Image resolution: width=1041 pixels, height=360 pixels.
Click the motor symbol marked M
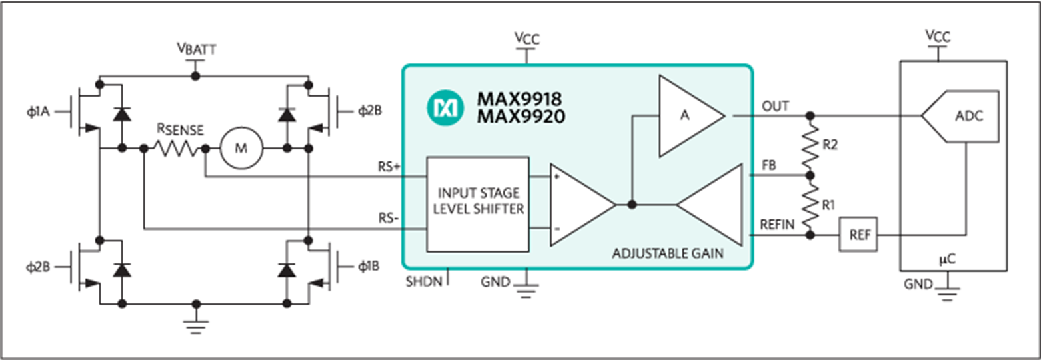241,149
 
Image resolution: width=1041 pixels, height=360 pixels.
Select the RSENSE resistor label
180,129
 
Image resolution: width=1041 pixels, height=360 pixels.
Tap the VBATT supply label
196,49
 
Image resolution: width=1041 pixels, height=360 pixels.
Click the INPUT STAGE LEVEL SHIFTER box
478,204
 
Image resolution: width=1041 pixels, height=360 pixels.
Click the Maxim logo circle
445,108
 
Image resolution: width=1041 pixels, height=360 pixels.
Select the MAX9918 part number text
520,99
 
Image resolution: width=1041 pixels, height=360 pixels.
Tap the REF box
858,235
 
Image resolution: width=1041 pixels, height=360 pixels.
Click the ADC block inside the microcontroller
960,116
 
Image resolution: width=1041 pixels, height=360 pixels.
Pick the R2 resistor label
830,145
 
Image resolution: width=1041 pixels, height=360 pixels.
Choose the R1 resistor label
828,205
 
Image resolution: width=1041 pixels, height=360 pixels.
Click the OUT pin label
775,106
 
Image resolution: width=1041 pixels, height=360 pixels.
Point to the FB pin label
769,165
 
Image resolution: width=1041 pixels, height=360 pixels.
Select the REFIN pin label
777,225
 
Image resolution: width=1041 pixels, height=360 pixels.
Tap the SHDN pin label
424,282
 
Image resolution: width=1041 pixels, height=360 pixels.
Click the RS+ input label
389,167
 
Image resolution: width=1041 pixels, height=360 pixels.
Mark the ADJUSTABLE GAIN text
668,253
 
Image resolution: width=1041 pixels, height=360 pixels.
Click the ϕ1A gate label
38,111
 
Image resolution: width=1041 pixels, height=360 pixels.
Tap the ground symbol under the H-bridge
196,327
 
